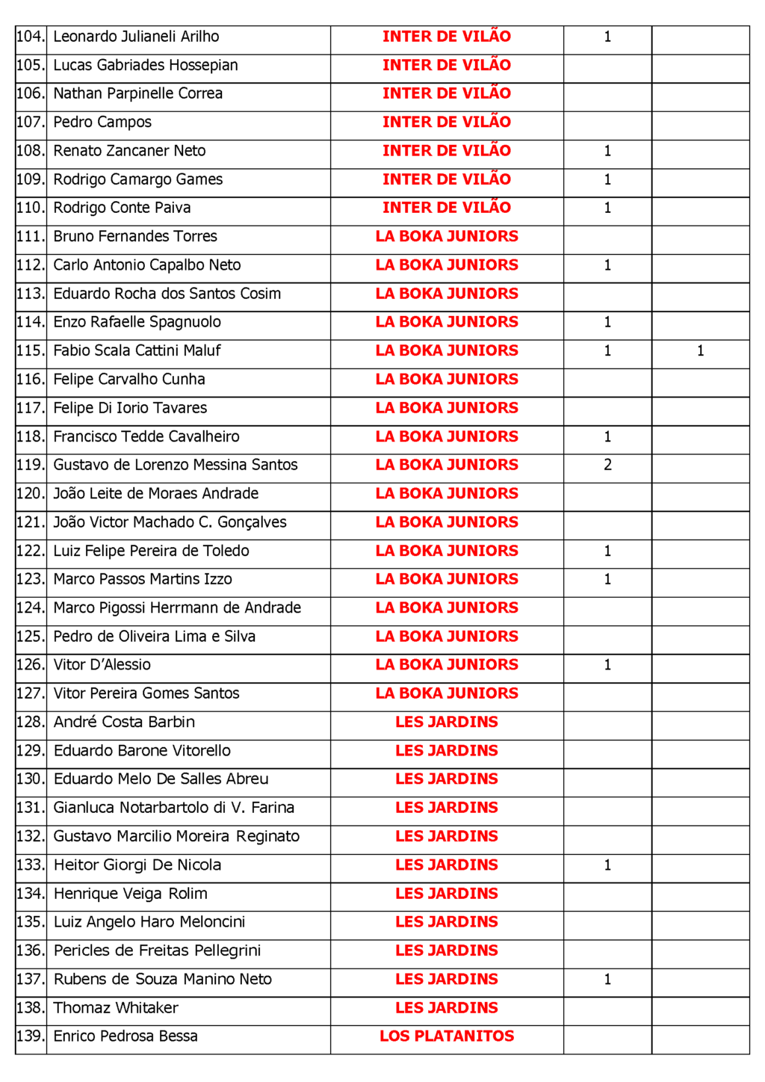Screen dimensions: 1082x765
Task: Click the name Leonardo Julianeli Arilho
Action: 136,37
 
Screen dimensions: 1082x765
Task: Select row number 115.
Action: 31,350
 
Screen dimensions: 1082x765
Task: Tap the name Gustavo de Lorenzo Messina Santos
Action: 175,465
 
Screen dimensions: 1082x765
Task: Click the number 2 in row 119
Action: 607,465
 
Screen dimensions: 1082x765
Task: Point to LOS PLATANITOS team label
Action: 447,1036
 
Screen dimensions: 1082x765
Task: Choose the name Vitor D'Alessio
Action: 102,665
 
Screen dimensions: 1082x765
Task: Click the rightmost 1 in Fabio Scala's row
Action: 700,350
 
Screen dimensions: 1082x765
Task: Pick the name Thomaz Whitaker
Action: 116,1008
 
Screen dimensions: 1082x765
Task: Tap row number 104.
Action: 31,37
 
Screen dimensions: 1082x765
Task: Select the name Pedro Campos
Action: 102,123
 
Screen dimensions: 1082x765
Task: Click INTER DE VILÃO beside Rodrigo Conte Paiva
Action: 447,208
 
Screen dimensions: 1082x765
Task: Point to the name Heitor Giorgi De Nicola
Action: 137,865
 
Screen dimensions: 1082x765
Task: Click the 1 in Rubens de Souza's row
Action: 607,980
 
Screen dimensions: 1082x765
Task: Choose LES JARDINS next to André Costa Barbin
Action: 447,722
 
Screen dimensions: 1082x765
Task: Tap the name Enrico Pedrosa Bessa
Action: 126,1036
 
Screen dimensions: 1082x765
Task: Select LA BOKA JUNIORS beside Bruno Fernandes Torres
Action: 447,236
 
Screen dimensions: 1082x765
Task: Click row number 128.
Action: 31,722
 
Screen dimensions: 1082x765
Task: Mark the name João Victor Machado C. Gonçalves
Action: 170,522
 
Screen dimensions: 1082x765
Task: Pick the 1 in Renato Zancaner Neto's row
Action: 607,151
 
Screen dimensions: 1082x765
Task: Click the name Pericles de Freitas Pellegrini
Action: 157,950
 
